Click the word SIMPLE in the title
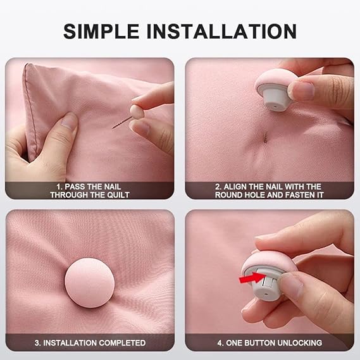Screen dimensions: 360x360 (101, 31)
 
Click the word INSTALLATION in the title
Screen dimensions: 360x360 (222, 31)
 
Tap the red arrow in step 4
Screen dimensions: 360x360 (252, 277)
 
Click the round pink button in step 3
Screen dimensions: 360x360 (90, 283)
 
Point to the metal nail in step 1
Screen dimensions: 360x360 (121, 123)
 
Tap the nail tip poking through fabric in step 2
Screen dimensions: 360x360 (265, 138)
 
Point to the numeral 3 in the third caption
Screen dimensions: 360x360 (37, 343)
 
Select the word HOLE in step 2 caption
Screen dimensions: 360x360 (255, 195)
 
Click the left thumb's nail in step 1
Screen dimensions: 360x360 (69, 121)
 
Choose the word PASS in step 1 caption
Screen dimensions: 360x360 (73, 187)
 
